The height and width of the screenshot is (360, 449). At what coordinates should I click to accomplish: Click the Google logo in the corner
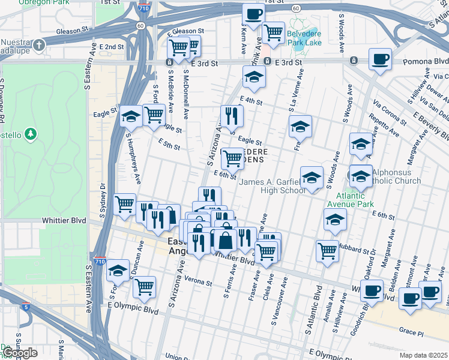(x=20, y=353)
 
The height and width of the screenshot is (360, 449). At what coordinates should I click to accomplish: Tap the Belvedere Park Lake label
(x=304, y=37)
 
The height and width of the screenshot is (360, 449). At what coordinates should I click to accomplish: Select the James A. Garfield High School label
(x=273, y=186)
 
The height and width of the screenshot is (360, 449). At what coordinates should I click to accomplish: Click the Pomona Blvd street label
(x=430, y=61)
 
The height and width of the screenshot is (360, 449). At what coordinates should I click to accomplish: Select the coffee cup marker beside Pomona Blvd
(x=380, y=59)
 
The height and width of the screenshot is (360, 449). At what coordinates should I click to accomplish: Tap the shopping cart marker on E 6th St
(x=232, y=159)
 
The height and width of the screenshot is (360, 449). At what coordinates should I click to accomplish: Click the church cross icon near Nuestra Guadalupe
(x=39, y=46)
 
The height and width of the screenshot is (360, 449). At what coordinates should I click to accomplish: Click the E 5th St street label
(x=169, y=144)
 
